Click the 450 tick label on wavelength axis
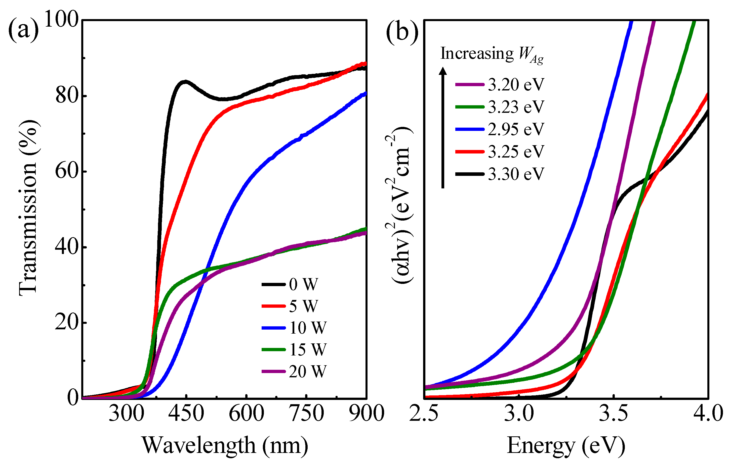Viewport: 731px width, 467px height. [186, 414]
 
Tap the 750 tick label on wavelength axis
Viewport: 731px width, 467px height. [307, 414]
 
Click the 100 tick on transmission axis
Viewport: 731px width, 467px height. [62, 20]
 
